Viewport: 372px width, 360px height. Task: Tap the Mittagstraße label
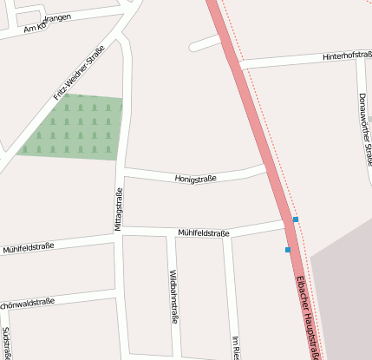pos(119,210)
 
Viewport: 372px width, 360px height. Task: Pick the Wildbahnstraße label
pos(173,296)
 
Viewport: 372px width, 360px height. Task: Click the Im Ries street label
pos(234,347)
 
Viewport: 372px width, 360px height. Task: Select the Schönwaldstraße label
pos(26,304)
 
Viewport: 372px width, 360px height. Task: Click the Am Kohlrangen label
pos(48,24)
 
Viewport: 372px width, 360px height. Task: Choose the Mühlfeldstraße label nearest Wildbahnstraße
pos(203,233)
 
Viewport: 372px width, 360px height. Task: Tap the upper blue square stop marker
pos(296,219)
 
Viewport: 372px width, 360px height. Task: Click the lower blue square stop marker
pos(288,250)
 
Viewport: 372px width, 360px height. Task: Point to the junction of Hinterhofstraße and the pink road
pos(242,65)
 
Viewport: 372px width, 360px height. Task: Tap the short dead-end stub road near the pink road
pos(205,43)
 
